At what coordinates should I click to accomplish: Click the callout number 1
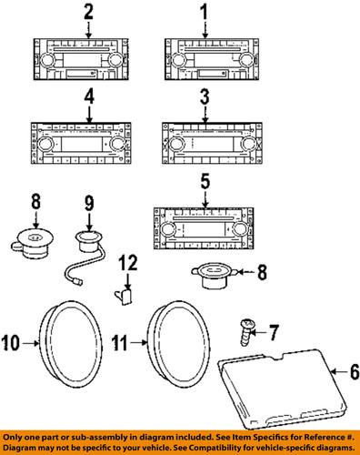coord(204,12)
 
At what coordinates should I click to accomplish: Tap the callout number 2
coord(88,12)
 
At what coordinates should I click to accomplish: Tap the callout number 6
coord(345,371)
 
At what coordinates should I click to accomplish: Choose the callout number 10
coord(11,343)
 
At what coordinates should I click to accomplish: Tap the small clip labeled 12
coord(126,295)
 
